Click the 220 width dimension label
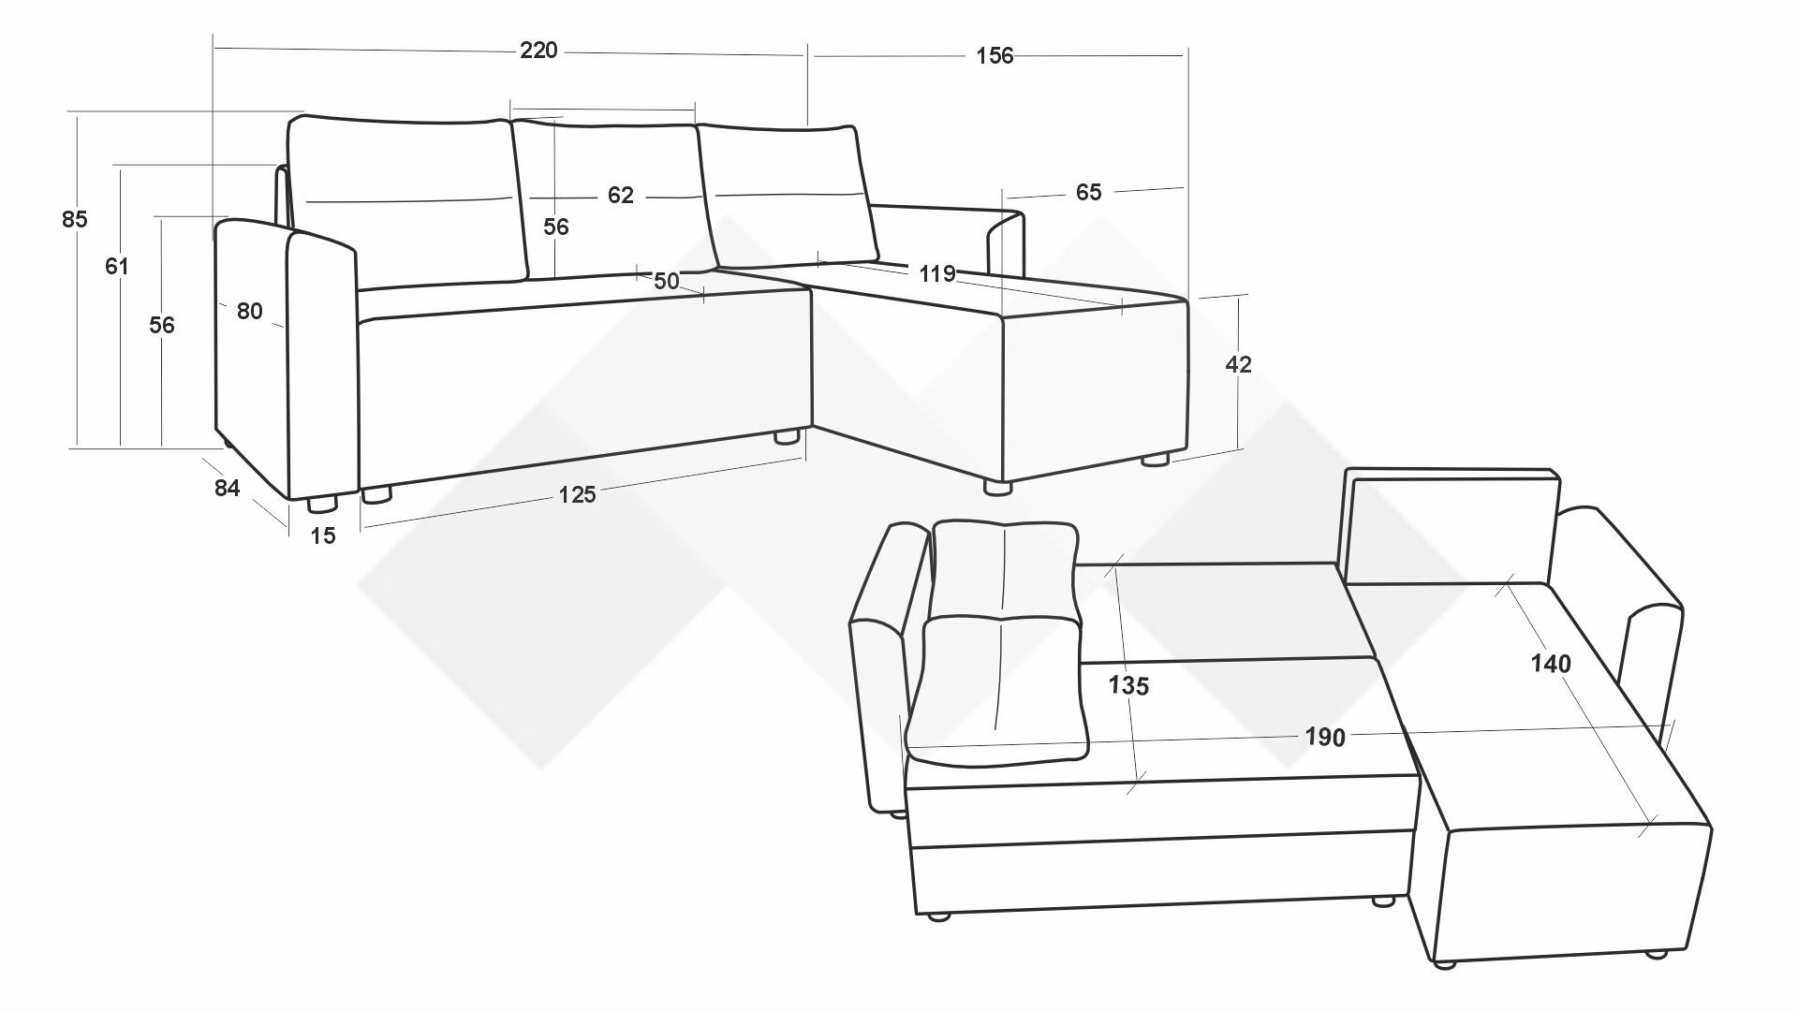tap(538, 51)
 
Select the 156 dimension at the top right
tap(995, 56)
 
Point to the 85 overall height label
tap(75, 219)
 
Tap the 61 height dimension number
tap(116, 267)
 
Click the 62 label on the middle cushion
tap(621, 196)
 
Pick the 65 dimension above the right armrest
tap(1088, 193)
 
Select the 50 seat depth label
tap(666, 282)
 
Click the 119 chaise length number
tap(936, 274)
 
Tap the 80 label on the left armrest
tap(249, 312)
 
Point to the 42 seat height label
tap(1238, 365)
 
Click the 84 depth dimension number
tap(227, 489)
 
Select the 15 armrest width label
tap(322, 536)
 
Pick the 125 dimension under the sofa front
tap(577, 495)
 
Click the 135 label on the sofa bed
tap(1128, 686)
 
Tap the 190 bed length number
tap(1325, 738)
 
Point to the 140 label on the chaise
tap(1551, 665)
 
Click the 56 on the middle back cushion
tap(556, 227)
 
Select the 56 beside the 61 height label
tap(162, 326)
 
